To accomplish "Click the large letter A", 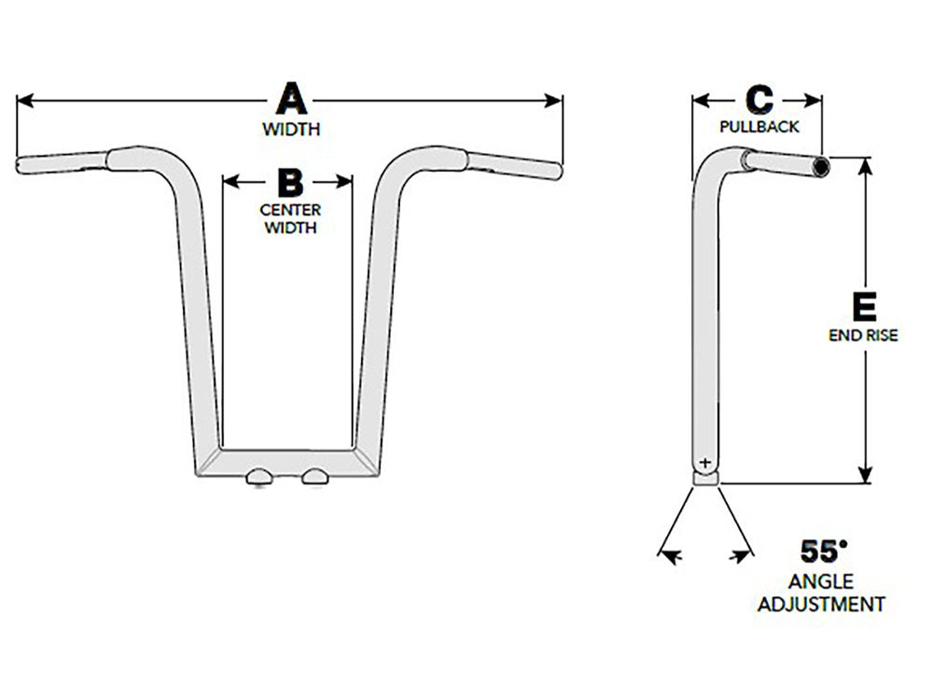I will (x=290, y=99).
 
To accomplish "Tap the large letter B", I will (x=290, y=182).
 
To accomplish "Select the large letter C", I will (x=759, y=100).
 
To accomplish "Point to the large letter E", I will (x=864, y=306).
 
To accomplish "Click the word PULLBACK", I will (x=759, y=127).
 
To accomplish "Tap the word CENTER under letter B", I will (x=289, y=209).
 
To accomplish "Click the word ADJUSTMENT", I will (x=821, y=604).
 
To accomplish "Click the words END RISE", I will (x=863, y=335).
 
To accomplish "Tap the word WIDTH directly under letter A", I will (x=290, y=129).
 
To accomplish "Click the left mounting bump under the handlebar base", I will (x=259, y=476).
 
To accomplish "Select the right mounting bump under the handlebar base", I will (x=316, y=476).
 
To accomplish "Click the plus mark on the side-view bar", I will (x=703, y=462).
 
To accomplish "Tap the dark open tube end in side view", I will (x=820, y=166).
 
